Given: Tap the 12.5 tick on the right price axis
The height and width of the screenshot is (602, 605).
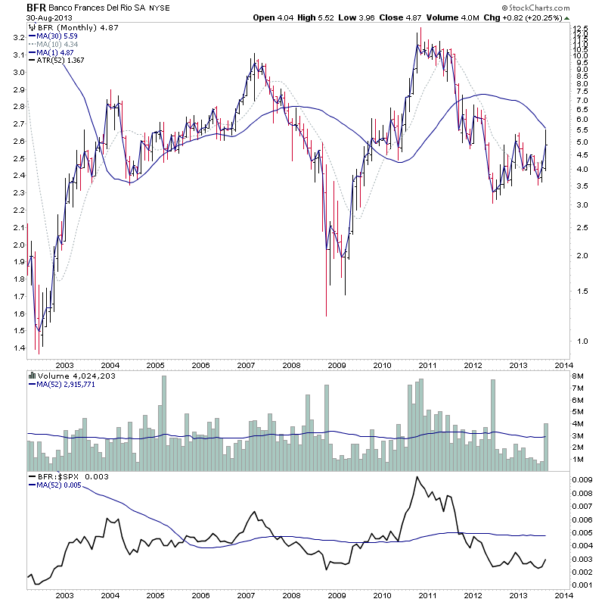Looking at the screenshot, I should [581, 29].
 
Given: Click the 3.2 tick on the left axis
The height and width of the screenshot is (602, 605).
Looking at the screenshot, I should [17, 37].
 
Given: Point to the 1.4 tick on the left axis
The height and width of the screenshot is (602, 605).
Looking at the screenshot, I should [17, 348].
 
